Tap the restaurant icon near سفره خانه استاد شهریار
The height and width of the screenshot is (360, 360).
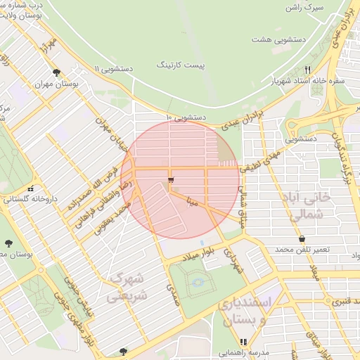coord(307,70)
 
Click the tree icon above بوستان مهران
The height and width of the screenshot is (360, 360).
coord(56,72)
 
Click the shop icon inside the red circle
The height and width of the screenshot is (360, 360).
coord(170,181)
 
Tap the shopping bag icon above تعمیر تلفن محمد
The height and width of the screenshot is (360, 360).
coord(302,239)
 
